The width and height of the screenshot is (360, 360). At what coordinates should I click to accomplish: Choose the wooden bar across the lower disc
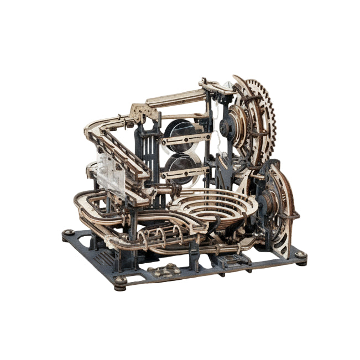(x=185, y=174)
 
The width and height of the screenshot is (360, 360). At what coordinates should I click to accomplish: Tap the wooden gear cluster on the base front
(x=160, y=270)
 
